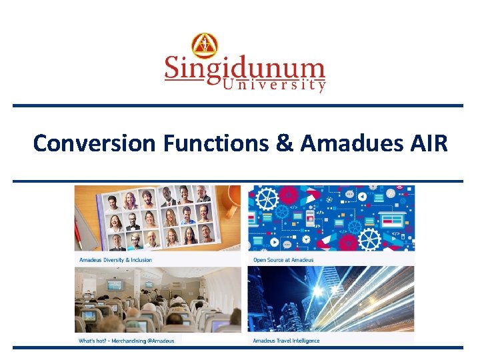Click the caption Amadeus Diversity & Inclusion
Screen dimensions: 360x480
pos(116,260)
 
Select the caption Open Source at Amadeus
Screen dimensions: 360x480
pos(283,260)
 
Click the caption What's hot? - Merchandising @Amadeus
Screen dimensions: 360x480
pos(127,341)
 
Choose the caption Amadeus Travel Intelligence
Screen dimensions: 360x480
pos(287,341)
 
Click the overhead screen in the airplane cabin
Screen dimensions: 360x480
pos(115,285)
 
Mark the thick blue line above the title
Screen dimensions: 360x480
pos(238,106)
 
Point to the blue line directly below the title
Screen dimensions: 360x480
pos(238,181)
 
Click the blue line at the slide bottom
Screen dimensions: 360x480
pos(238,347)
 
